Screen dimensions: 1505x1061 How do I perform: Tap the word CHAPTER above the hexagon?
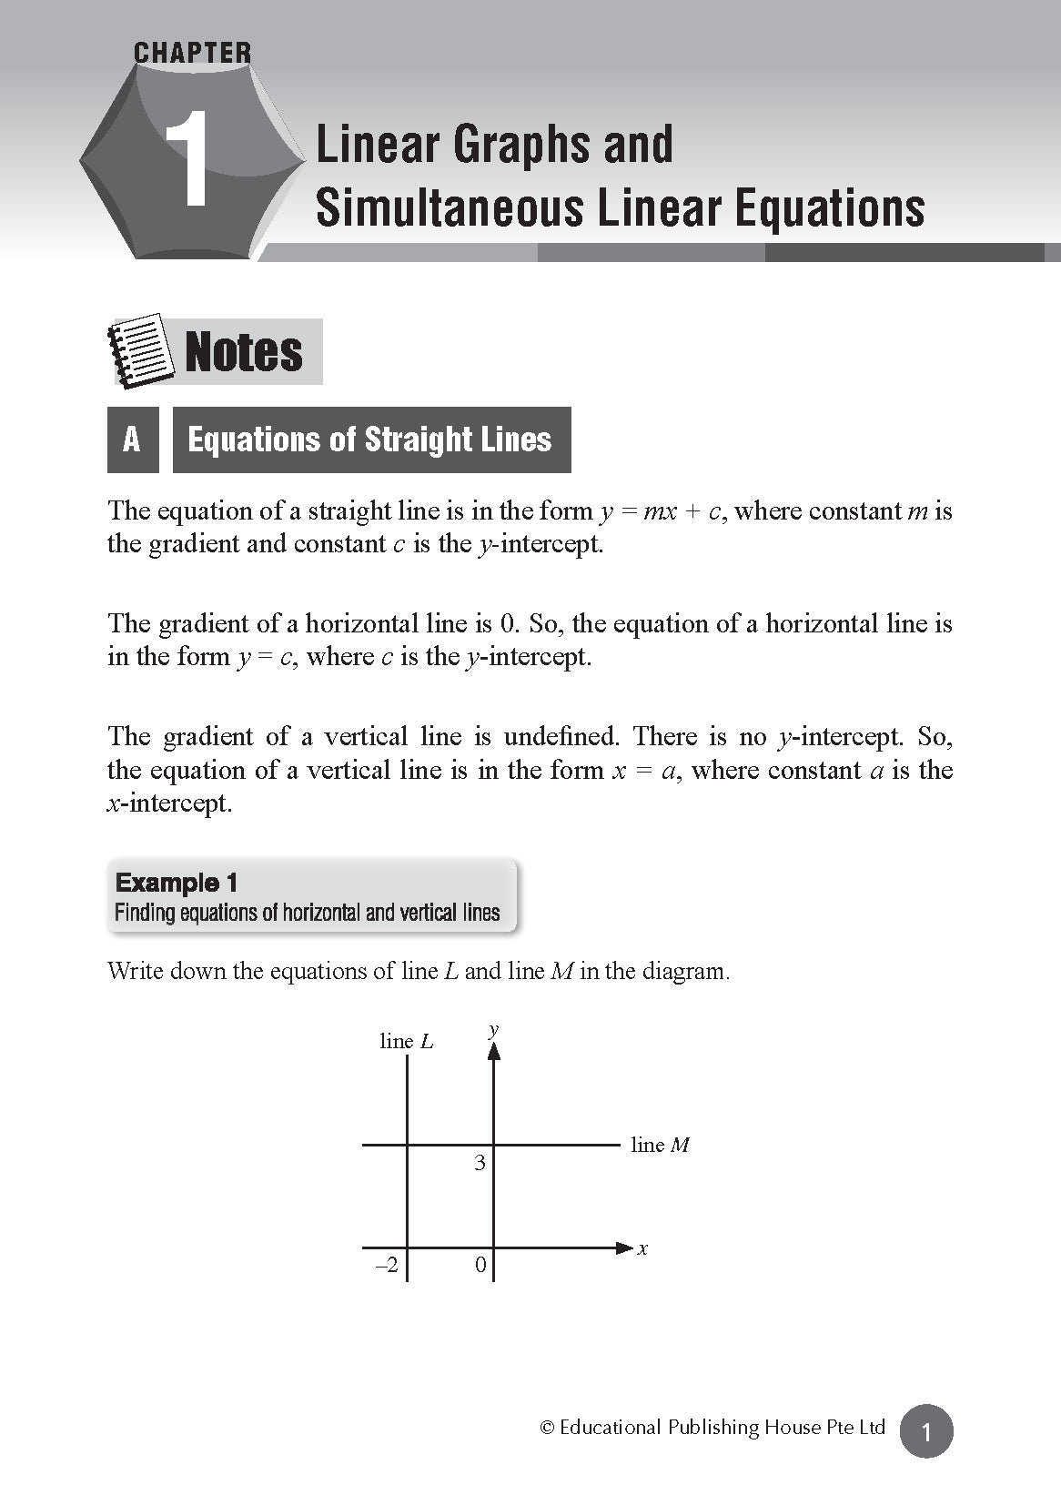tap(192, 53)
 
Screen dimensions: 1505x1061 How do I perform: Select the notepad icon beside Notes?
tap(140, 350)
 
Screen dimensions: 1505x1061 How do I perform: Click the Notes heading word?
tap(244, 352)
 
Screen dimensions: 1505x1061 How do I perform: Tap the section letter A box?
tap(133, 440)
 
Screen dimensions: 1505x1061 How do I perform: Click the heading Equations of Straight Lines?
tap(369, 440)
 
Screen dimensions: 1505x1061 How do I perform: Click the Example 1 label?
tap(177, 883)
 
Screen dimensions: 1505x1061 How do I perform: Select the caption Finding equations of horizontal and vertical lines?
tap(308, 913)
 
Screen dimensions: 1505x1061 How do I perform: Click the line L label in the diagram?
tap(406, 1041)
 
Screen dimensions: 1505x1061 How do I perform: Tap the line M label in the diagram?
tap(660, 1146)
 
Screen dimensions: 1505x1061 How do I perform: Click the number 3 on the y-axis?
tap(480, 1163)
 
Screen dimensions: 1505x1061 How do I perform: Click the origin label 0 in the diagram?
tap(480, 1265)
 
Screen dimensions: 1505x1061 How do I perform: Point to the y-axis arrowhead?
tap(493, 1051)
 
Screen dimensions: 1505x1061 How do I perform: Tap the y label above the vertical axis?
tap(493, 1029)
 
